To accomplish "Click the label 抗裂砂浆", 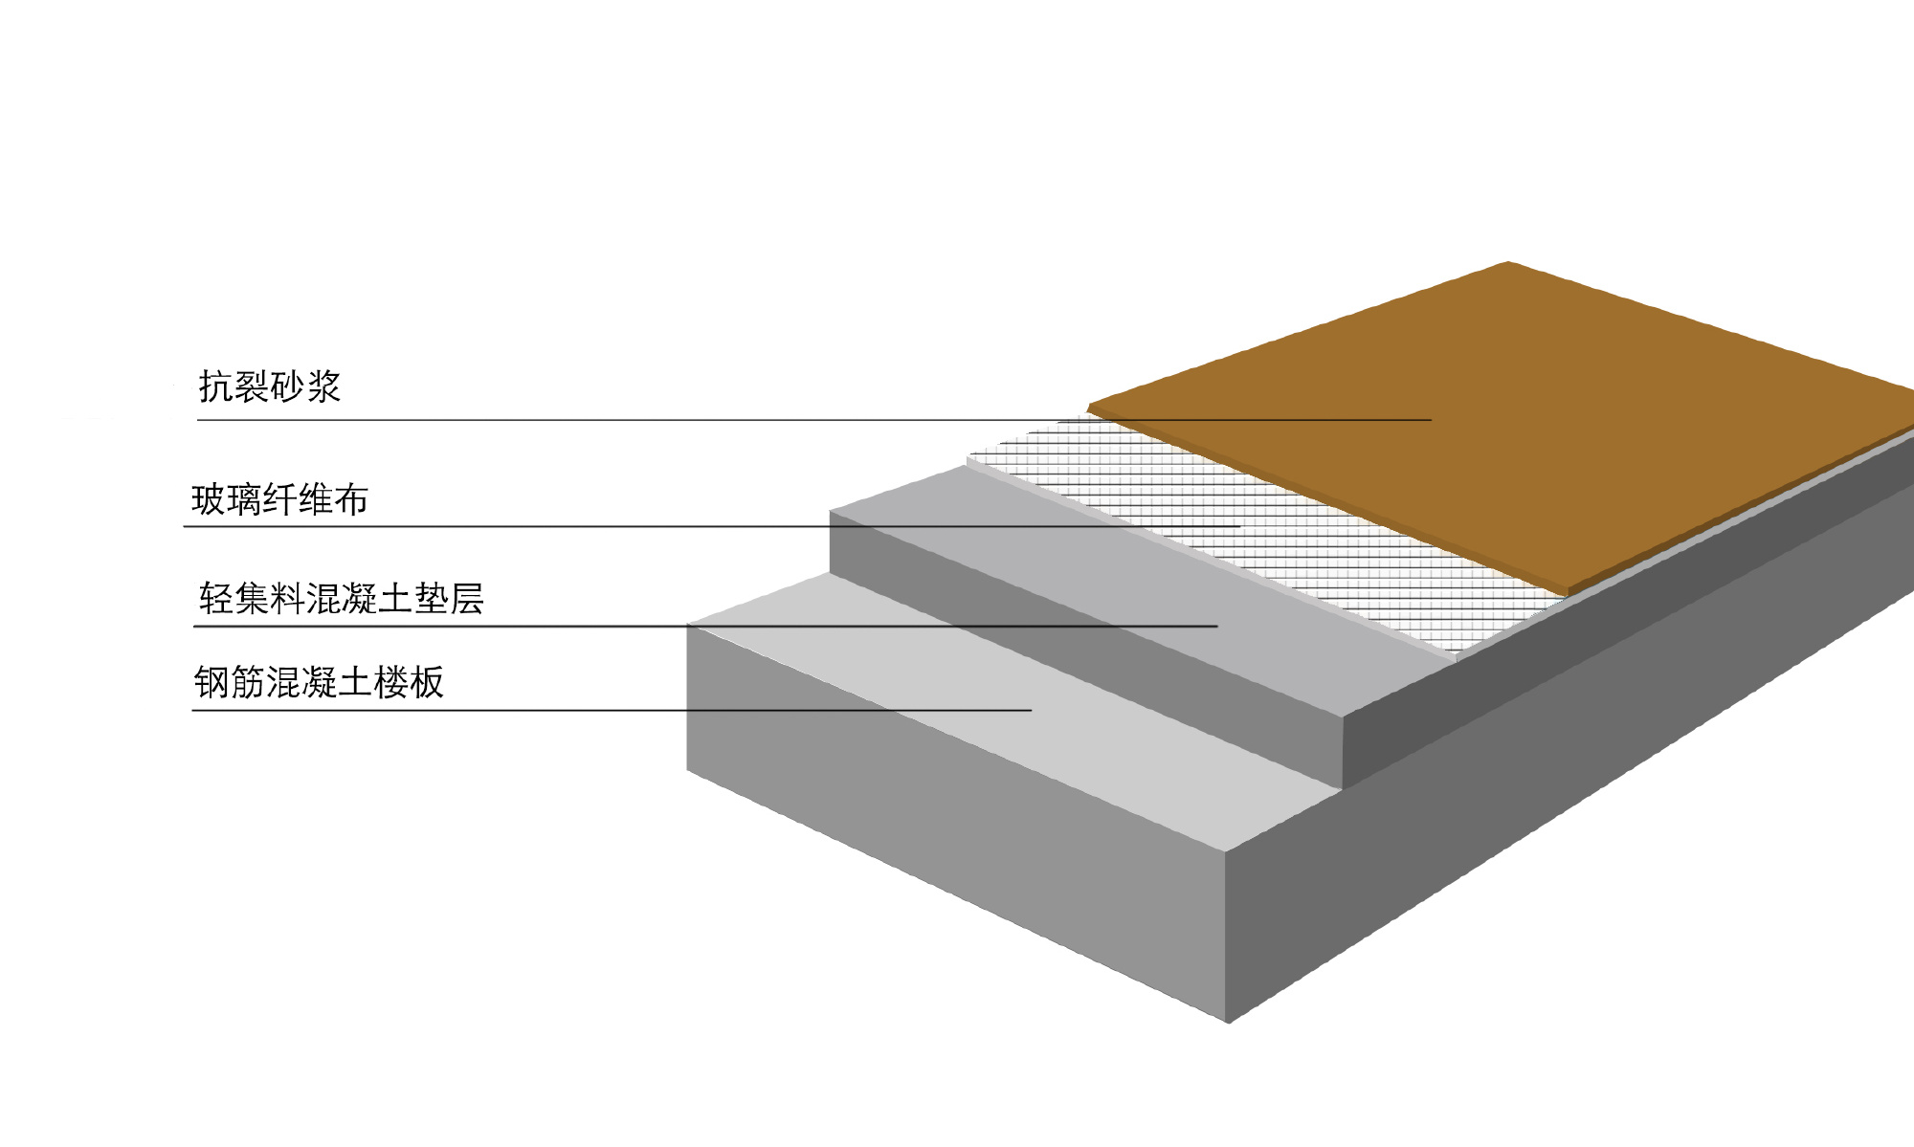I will pos(270,387).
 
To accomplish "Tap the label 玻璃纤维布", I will pos(279,500).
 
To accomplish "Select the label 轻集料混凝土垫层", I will pos(342,599).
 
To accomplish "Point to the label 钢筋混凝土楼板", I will pos(319,683).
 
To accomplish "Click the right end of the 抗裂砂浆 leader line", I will pos(1430,420).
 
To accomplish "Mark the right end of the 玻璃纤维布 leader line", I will pos(1239,526).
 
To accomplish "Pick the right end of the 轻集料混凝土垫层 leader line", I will pos(1216,627).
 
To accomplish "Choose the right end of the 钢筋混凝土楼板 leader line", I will pos(1031,710).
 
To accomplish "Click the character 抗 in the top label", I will pos(213,387).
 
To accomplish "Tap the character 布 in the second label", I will pos(350,500).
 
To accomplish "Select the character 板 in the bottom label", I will pos(426,683).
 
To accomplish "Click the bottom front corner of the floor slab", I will pos(1228,1022).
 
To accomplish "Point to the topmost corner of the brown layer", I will pos(1508,263).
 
